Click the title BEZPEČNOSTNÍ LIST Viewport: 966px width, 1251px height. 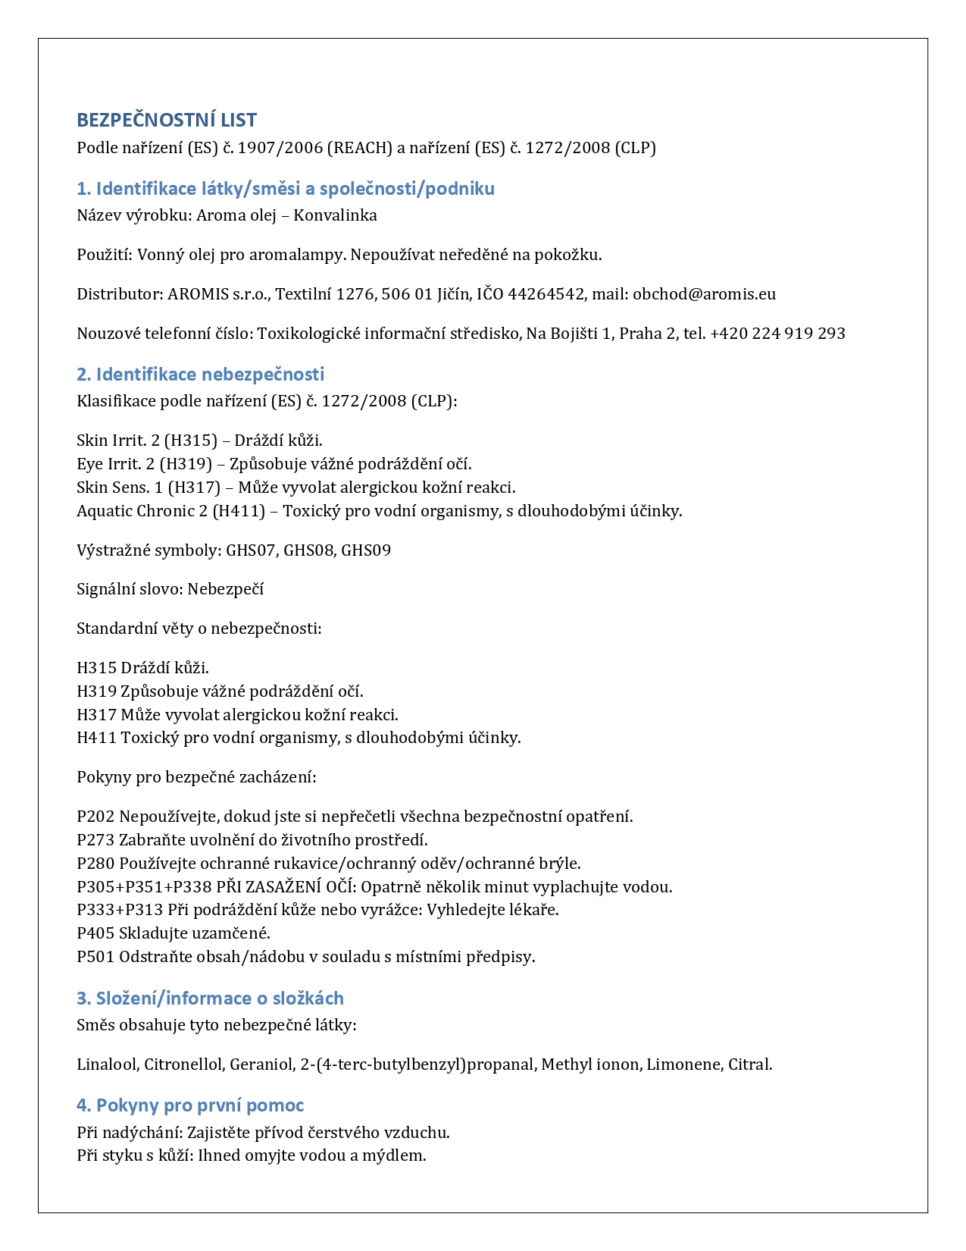click(x=167, y=120)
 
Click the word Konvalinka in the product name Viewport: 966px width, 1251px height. click(x=335, y=215)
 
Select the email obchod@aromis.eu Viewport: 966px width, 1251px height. click(x=704, y=294)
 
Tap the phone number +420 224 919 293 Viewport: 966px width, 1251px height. click(x=777, y=334)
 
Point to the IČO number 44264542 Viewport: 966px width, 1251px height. click(x=546, y=294)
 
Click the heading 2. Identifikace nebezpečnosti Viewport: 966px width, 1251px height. click(x=200, y=374)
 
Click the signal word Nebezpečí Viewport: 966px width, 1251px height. click(x=225, y=589)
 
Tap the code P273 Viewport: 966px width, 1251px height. click(x=95, y=840)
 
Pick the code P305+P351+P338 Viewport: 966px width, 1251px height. click(x=144, y=887)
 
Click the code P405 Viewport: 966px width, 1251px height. click(x=95, y=933)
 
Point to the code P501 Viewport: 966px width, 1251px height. click(x=95, y=957)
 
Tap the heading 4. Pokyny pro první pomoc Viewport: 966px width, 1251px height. click(x=190, y=1105)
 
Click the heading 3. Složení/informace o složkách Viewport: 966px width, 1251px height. click(x=210, y=999)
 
